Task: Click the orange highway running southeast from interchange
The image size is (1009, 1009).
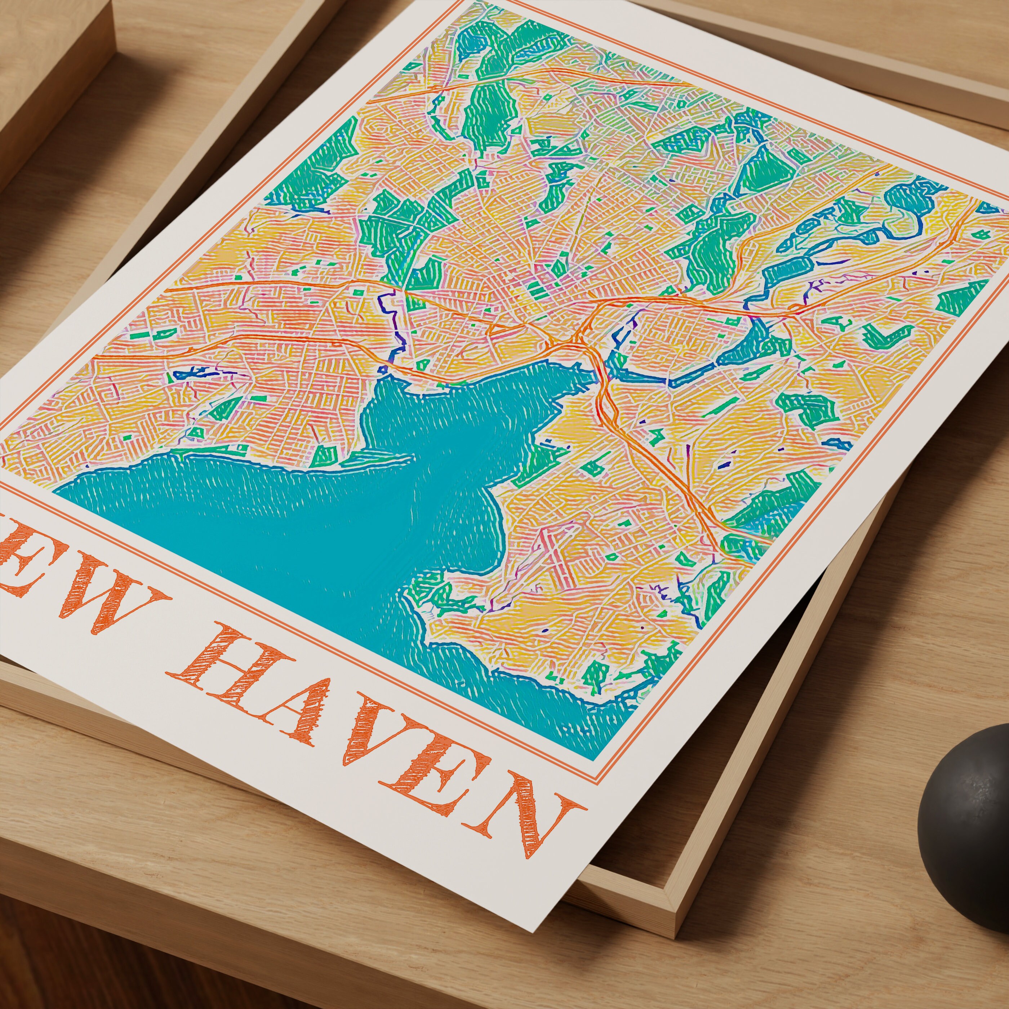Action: [x=653, y=459]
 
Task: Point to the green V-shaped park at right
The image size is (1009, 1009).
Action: [x=883, y=337]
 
